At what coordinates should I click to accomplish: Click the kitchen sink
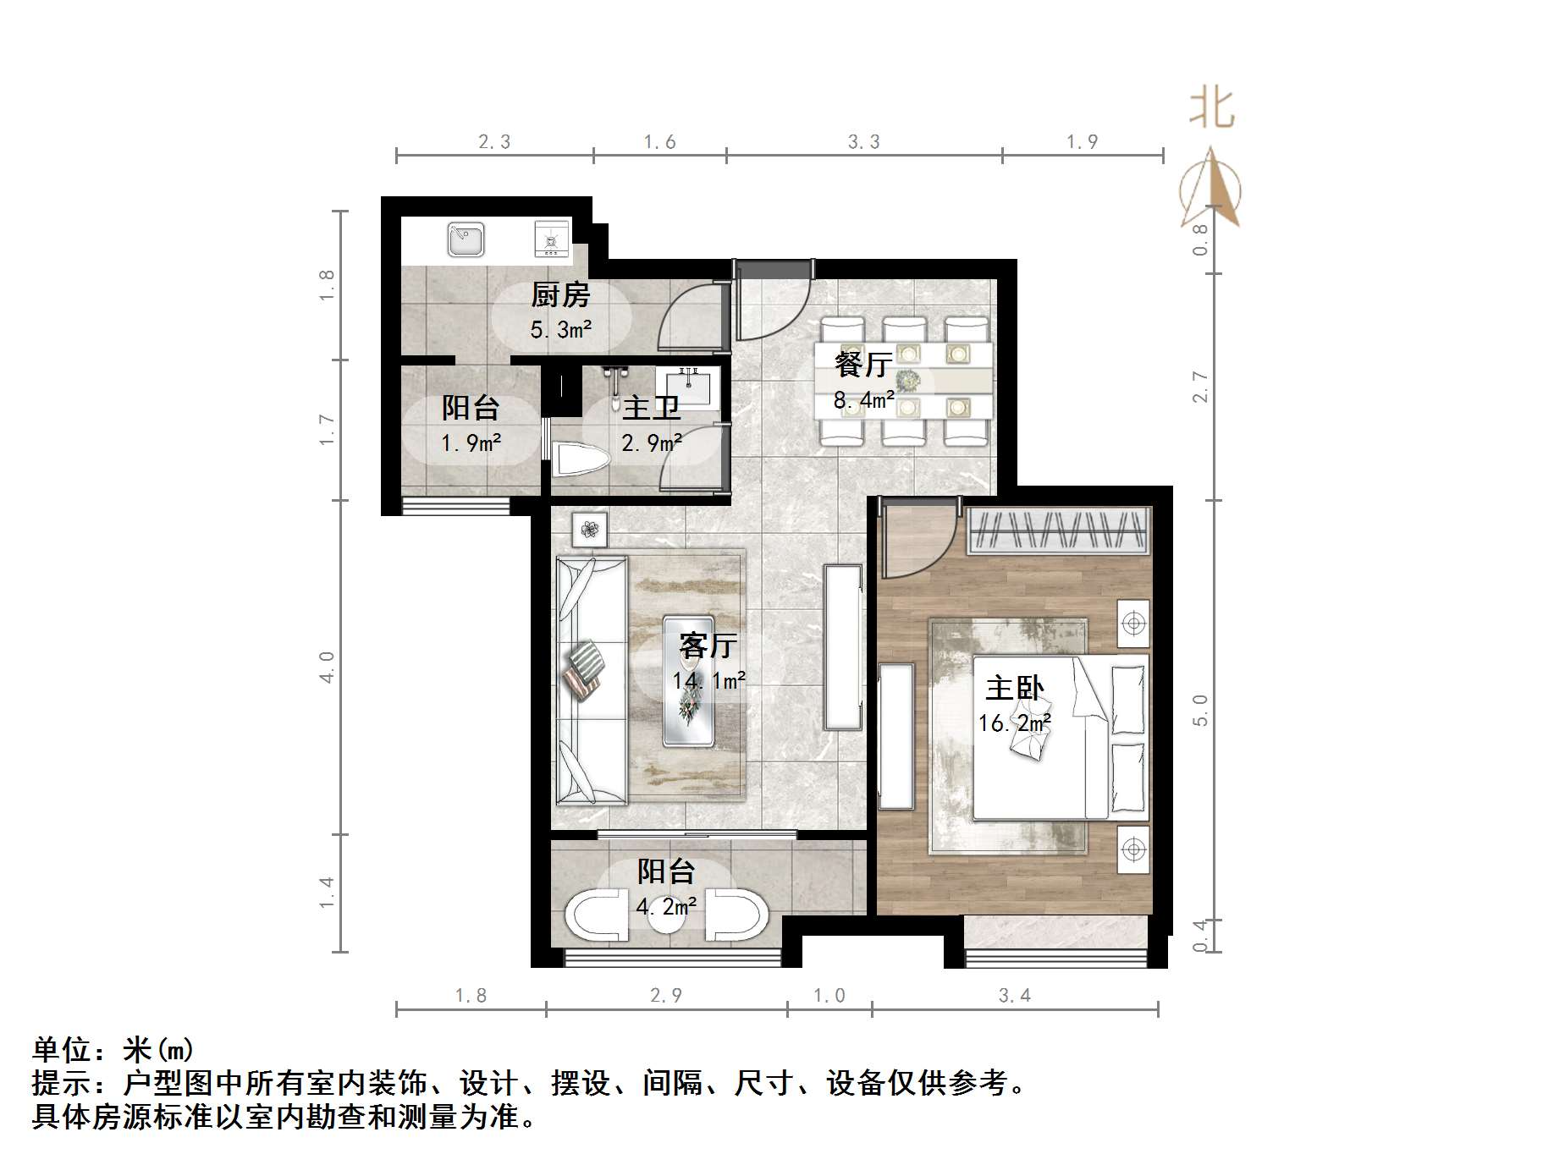pos(466,239)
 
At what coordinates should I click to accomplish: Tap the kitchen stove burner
pos(551,239)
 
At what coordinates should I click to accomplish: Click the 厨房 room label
pos(559,295)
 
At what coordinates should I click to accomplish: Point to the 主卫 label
pos(651,408)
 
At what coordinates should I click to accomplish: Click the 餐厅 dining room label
pos(862,365)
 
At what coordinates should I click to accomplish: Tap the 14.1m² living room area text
pos(708,680)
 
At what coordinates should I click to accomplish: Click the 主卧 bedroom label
pos(1014,688)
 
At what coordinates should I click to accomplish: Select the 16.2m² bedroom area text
pos(1014,723)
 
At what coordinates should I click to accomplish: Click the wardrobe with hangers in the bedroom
pos(1059,530)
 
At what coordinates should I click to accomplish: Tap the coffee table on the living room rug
pos(688,681)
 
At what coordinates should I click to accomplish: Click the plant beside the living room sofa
pos(590,530)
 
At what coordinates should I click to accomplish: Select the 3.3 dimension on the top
pos(863,142)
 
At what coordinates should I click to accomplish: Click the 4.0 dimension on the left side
pos(327,667)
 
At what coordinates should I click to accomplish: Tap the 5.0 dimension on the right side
pos(1199,710)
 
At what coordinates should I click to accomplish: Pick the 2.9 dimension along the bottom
pos(665,995)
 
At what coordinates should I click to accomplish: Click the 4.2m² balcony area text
pos(666,907)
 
